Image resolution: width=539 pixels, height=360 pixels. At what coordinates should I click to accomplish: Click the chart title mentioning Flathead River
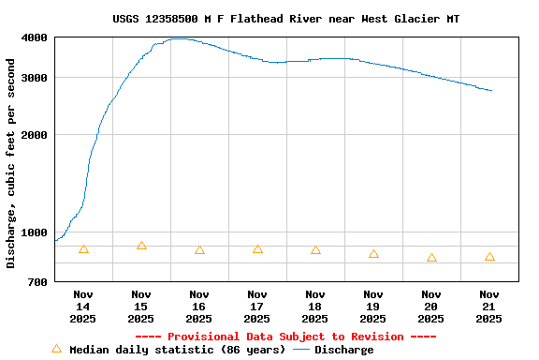[285, 19]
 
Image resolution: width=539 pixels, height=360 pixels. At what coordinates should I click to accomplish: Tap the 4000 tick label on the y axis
[35, 37]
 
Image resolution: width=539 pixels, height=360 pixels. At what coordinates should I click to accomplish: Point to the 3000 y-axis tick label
[35, 78]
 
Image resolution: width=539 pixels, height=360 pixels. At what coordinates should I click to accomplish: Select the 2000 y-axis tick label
[35, 135]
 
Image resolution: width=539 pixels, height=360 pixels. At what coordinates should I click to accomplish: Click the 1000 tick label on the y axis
[35, 232]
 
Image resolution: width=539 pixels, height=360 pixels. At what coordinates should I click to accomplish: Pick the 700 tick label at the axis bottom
[38, 282]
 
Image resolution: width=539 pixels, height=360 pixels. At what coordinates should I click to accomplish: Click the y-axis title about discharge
[11, 163]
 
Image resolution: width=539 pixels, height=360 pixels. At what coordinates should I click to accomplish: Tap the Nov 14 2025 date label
[83, 307]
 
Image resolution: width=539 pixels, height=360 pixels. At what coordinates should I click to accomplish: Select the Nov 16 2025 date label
[199, 307]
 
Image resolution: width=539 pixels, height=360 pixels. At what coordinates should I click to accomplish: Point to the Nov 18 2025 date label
[315, 307]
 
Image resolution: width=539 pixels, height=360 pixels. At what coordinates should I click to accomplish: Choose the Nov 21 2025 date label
[489, 307]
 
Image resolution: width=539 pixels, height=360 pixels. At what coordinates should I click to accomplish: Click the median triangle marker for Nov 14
[83, 249]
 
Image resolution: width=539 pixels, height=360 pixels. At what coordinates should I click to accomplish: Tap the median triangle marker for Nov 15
[141, 246]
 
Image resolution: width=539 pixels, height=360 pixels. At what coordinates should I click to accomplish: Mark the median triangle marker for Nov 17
[257, 249]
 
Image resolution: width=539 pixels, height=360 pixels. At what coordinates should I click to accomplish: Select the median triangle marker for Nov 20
[431, 258]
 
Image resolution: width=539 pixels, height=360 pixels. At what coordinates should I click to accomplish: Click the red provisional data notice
[285, 337]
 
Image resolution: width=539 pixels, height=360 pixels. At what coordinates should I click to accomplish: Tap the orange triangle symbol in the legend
[56, 349]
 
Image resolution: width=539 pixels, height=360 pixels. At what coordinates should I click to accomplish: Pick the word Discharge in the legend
[343, 350]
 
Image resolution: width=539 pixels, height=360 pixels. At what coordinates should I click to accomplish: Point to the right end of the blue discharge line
[491, 90]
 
